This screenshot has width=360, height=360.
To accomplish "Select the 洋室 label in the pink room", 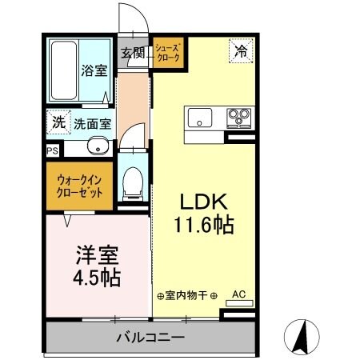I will (x=97, y=256).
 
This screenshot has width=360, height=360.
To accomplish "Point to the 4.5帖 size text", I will (x=97, y=278).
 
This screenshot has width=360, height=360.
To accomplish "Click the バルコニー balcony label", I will (x=150, y=336).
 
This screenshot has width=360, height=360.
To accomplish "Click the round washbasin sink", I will (x=97, y=146).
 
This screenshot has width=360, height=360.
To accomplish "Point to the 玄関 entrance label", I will (x=133, y=54).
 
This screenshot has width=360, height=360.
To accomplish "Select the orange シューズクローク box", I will (x=168, y=54).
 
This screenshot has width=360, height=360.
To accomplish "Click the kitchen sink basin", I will (x=199, y=117).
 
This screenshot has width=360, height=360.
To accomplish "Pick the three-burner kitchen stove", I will (x=238, y=117).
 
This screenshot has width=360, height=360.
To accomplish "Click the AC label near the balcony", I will (x=238, y=294).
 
